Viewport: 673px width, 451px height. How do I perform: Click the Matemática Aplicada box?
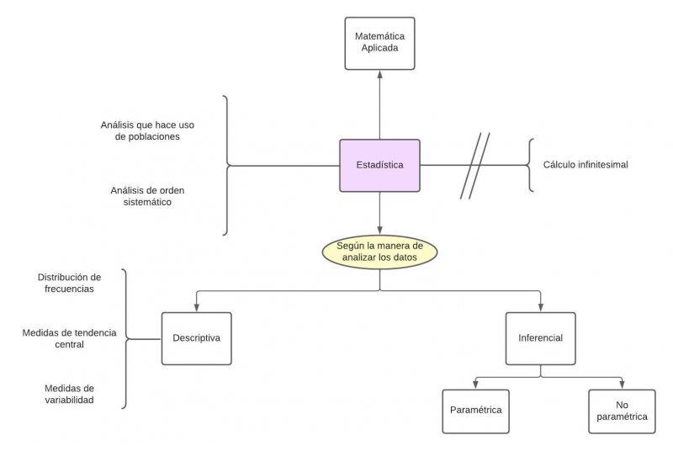point(379,43)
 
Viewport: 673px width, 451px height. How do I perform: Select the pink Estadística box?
point(379,166)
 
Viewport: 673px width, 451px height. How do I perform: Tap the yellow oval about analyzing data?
point(379,252)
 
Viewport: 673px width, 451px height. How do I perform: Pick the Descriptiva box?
point(196,338)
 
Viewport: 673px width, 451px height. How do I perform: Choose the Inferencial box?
point(540,338)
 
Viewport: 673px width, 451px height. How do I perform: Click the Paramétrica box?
point(475,411)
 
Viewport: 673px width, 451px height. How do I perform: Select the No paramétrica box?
point(622,411)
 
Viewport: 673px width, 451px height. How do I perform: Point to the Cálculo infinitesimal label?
point(586,165)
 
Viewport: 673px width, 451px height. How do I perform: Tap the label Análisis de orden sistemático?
point(147,196)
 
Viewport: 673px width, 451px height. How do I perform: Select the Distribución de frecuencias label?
point(70,283)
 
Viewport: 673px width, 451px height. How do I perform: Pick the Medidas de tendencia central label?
point(70,338)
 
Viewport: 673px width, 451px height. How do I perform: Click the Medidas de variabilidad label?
point(70,394)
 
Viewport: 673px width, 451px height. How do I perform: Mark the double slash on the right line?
point(474,166)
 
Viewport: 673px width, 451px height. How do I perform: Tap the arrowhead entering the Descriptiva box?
point(196,308)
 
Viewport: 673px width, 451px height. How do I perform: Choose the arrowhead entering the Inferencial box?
point(540,308)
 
